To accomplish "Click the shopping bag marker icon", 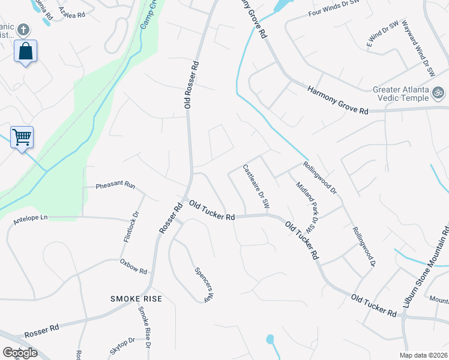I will [x=25, y=51].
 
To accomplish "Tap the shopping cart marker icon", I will [x=22, y=137].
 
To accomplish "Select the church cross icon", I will [x=23, y=29].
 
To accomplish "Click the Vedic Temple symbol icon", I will [x=438, y=94].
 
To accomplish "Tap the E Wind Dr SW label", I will [x=382, y=34].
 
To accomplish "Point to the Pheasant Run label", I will [x=115, y=186].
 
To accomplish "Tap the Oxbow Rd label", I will [x=133, y=266].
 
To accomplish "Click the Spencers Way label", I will [x=205, y=283].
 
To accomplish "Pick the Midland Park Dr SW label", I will [x=306, y=206].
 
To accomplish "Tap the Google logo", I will [x=20, y=353].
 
